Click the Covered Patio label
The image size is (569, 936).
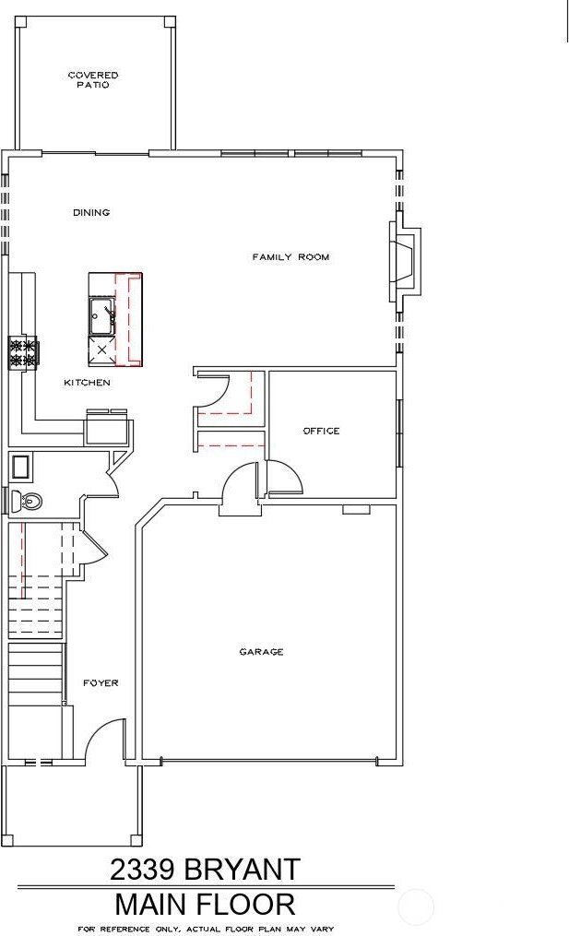click(x=93, y=80)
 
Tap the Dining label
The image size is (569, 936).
click(x=91, y=212)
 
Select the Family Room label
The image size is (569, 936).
click(x=290, y=257)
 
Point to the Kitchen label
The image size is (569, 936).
click(x=88, y=382)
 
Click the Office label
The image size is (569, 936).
click(x=321, y=431)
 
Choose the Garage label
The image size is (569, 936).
click(x=261, y=652)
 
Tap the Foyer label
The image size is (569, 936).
click(x=101, y=683)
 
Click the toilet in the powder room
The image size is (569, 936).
click(x=26, y=500)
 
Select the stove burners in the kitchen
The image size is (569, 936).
click(x=23, y=351)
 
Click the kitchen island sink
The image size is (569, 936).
click(x=102, y=316)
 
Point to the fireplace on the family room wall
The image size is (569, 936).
click(x=406, y=262)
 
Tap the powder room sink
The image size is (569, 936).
click(x=21, y=467)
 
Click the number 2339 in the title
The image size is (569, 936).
click(x=142, y=870)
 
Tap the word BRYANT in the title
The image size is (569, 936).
click(x=242, y=870)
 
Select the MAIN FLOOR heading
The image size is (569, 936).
click(x=205, y=905)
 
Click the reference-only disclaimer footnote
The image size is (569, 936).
click(x=206, y=930)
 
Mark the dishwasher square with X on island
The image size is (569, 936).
click(x=102, y=350)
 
